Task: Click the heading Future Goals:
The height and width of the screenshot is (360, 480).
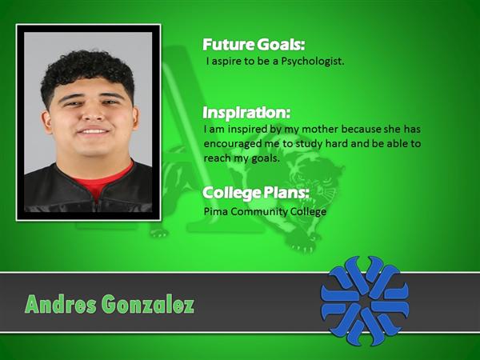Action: pyautogui.click(x=254, y=45)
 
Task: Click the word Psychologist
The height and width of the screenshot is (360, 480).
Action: pyautogui.click(x=313, y=62)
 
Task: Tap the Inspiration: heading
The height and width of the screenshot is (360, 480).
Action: pyautogui.click(x=246, y=113)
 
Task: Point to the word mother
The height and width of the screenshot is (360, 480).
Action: pyautogui.click(x=320, y=129)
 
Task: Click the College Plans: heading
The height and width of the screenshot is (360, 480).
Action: pyautogui.click(x=256, y=193)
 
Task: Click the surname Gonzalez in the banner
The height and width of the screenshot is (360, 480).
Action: pyautogui.click(x=148, y=305)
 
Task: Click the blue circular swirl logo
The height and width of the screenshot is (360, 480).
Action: pyautogui.click(x=365, y=301)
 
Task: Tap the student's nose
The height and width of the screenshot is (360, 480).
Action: pyautogui.click(x=94, y=114)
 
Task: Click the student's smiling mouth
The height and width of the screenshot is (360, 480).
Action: pyautogui.click(x=93, y=131)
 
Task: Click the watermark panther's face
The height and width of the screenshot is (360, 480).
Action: pyautogui.click(x=318, y=181)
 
